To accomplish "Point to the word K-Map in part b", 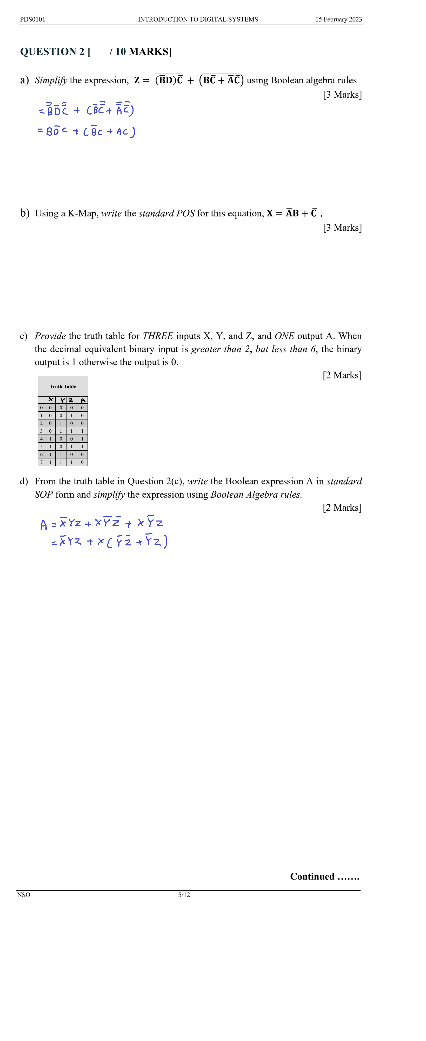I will click(x=83, y=213).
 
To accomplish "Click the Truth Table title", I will click(x=63, y=386).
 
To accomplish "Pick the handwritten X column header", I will click(x=50, y=400).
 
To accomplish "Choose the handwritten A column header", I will click(x=82, y=400).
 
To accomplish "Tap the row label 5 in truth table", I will click(x=41, y=446).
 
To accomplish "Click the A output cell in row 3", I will click(x=82, y=431).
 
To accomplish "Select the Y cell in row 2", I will click(x=61, y=423).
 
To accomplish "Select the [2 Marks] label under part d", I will click(x=342, y=508).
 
